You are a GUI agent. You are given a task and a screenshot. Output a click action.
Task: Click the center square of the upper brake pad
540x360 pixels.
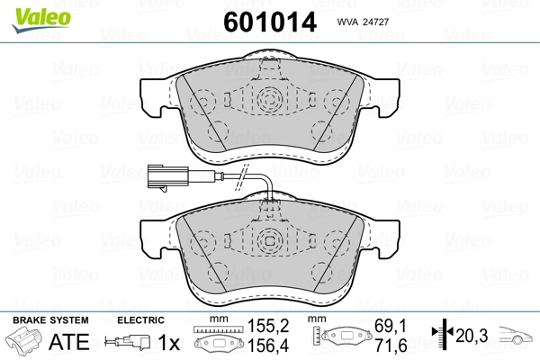[269, 98]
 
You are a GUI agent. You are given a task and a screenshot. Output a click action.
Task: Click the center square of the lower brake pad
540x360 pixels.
[269, 240]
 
